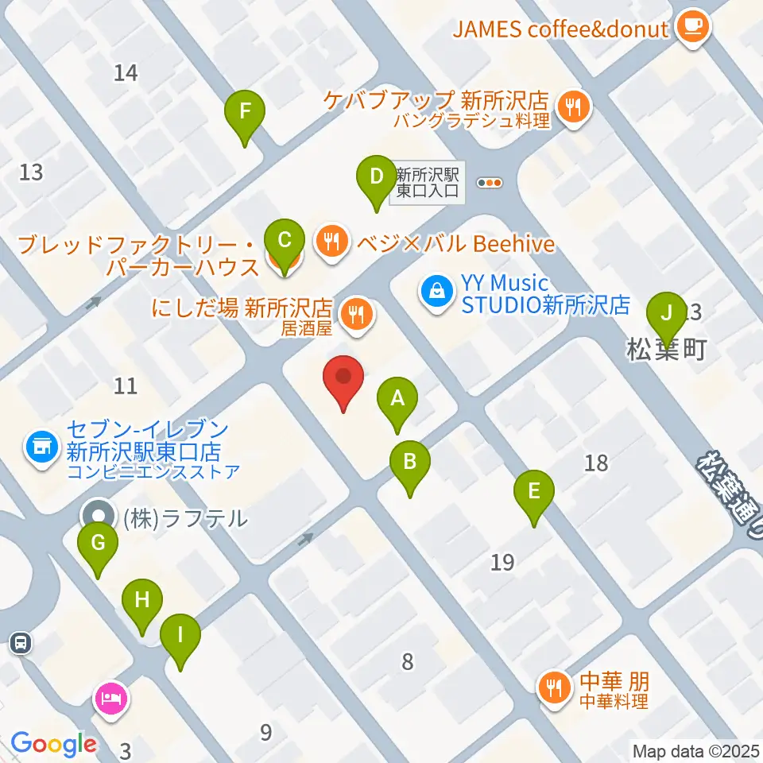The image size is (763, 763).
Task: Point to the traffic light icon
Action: [490, 183]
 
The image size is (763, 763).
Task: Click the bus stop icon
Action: [22, 642]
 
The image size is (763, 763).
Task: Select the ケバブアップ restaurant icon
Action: [573, 107]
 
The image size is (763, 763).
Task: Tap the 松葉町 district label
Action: [666, 350]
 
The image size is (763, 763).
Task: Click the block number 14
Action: [126, 73]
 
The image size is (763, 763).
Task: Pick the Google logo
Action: [52, 744]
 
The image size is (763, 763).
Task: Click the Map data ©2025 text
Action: [696, 750]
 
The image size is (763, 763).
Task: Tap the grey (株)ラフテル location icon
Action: [99, 515]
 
